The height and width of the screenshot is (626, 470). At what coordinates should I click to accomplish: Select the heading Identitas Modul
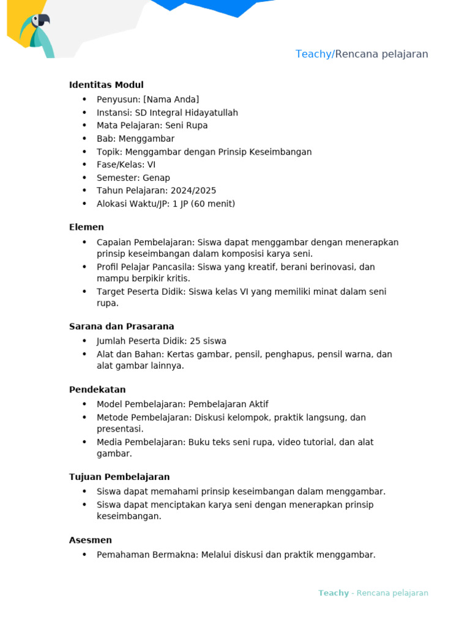106,85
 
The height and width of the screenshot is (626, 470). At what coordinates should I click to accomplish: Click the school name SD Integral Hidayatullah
186,112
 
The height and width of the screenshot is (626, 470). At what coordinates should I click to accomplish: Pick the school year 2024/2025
193,191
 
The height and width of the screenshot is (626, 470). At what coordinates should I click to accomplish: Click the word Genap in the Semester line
156,178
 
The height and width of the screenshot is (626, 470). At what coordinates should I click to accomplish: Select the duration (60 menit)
212,204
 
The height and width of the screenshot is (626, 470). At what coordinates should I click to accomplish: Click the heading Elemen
86,227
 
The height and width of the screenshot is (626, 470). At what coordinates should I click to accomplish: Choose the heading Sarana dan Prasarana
121,326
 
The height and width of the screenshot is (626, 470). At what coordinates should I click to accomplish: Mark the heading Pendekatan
97,389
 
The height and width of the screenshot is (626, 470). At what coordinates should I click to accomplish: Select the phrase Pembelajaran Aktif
228,404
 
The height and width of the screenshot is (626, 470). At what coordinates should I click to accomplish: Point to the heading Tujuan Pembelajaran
119,477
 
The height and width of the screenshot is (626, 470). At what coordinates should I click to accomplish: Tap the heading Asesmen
91,540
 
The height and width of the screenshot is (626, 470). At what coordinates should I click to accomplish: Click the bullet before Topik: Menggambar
84,152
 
